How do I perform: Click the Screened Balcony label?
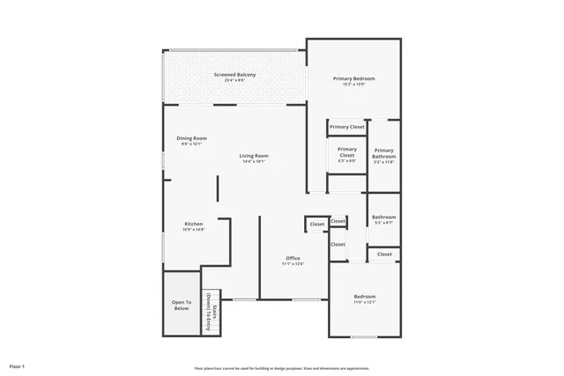[x=235, y=75]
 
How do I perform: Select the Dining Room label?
[x=192, y=137]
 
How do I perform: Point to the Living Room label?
[x=255, y=156]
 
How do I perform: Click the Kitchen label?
[x=194, y=224]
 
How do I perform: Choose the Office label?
[x=293, y=258]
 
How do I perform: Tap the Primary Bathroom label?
[x=383, y=153]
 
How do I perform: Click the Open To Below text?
[x=181, y=306]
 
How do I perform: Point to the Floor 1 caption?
[x=18, y=365]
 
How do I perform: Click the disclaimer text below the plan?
[x=282, y=368]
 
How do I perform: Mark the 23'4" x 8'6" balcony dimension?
[x=235, y=81]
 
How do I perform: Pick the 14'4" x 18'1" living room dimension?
[x=255, y=162]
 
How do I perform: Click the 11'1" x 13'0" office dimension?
[x=293, y=264]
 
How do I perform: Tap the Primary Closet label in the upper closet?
[x=347, y=128]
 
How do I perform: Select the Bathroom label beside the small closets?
[x=383, y=217]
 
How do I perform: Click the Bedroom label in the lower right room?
[x=365, y=296]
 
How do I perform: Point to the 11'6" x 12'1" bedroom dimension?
[x=365, y=302]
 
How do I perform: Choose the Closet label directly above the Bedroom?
[x=384, y=254]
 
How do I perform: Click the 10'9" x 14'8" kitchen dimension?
[x=194, y=230]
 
